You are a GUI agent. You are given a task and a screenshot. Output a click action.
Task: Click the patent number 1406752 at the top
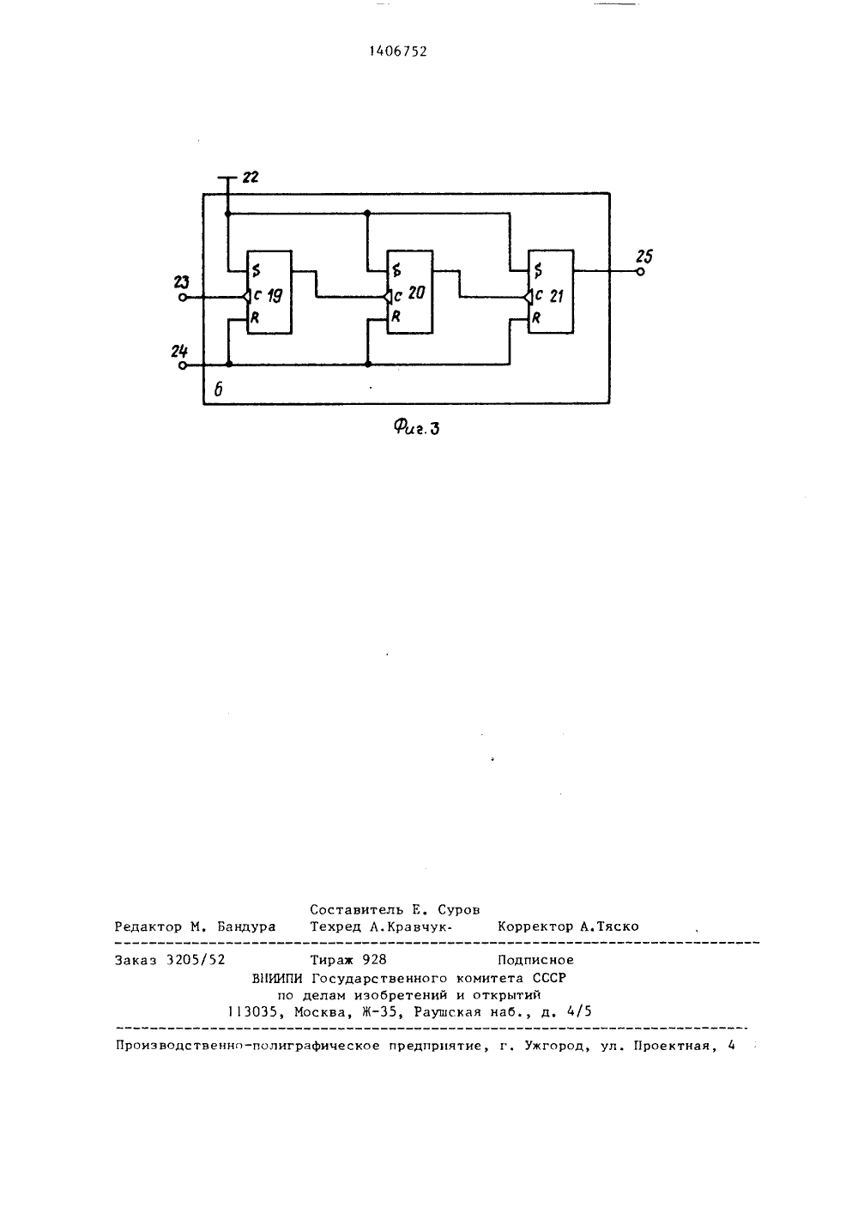(x=398, y=51)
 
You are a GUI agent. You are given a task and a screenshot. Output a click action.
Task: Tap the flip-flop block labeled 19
(x=269, y=292)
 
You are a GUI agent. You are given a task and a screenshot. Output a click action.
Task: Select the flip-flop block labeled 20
(x=410, y=292)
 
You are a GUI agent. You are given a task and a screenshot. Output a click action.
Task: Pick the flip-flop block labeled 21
(x=551, y=292)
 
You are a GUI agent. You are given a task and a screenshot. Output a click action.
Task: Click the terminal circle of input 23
(x=183, y=298)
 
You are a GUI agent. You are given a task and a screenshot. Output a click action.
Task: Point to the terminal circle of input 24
(x=183, y=365)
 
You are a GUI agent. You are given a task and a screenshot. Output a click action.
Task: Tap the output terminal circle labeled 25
(x=640, y=272)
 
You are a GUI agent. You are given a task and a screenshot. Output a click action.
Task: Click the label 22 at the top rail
(x=251, y=177)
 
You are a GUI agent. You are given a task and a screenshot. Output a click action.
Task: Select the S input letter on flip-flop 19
(x=257, y=269)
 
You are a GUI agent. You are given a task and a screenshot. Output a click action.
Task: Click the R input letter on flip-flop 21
(x=536, y=318)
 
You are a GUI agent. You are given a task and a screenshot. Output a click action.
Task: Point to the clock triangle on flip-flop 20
(x=387, y=298)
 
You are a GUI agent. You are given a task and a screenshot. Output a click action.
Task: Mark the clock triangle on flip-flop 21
(x=529, y=298)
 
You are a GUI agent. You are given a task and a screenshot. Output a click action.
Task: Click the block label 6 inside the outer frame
(x=218, y=389)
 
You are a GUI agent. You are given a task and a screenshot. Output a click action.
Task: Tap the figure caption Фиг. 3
(x=416, y=428)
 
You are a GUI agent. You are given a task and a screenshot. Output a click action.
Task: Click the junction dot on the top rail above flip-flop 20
(x=367, y=214)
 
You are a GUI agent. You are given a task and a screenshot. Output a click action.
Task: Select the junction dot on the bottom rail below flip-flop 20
(x=368, y=365)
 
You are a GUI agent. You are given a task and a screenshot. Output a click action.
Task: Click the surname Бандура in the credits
(x=246, y=926)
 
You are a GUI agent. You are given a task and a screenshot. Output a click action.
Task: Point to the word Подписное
(x=535, y=960)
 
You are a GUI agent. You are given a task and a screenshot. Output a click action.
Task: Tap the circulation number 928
(x=375, y=960)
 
